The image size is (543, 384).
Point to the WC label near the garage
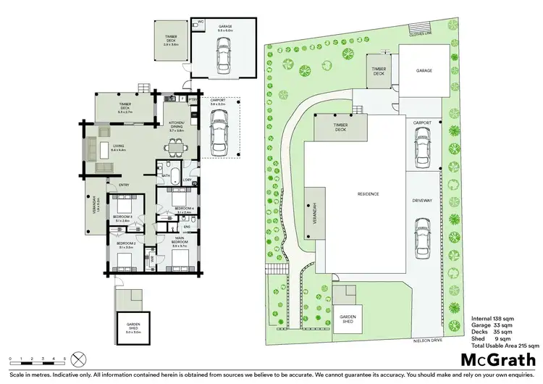[x=201, y=22]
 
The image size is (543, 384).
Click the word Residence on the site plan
[x=369, y=193]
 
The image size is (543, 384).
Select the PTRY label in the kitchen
[x=193, y=99]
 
